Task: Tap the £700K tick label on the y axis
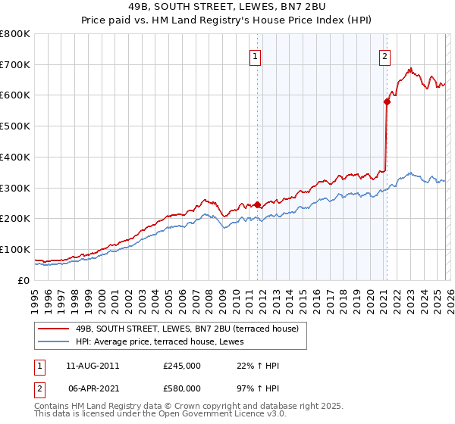15,64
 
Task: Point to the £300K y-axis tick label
15,188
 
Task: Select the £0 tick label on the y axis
24,280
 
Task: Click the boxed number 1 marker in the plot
255,55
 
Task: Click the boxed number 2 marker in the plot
385,55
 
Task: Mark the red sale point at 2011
258,204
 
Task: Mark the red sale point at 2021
387,101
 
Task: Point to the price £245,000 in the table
182,366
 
